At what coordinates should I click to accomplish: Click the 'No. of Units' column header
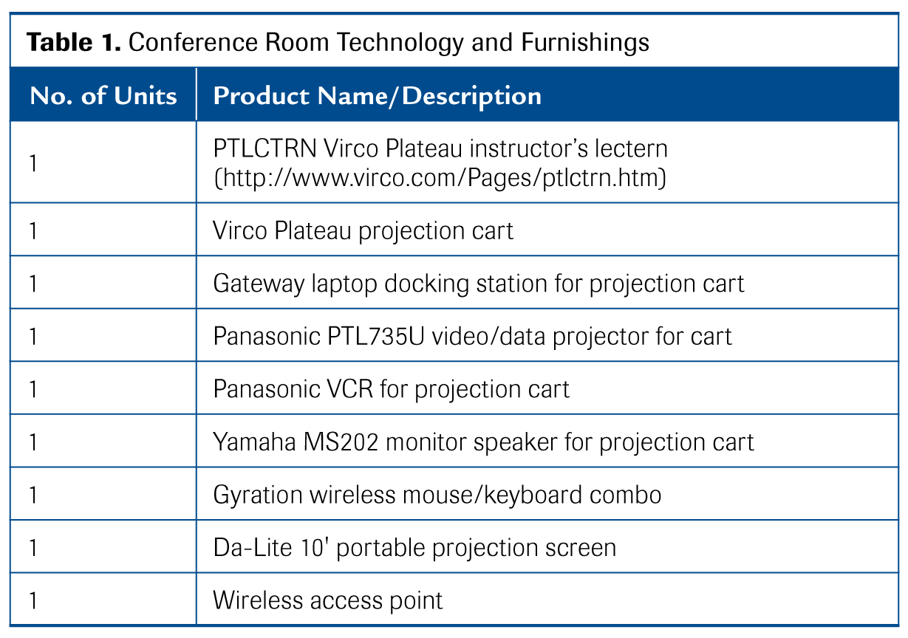coord(103,96)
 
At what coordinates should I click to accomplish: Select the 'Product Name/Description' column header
coord(378,97)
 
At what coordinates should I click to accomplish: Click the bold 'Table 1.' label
coord(73,43)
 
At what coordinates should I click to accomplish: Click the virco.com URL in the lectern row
coord(440,178)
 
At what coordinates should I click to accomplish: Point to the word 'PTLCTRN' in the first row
coord(264,148)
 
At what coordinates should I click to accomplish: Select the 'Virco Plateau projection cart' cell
coord(363,231)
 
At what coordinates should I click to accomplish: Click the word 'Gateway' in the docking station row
coord(259,284)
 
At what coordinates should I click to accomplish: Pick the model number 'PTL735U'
coord(375,337)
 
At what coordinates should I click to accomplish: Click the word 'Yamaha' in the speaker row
coord(254,442)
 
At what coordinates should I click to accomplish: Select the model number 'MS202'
coord(341,442)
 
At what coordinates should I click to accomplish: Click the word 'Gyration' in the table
coord(257,495)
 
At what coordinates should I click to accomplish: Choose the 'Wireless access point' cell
coord(327,601)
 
